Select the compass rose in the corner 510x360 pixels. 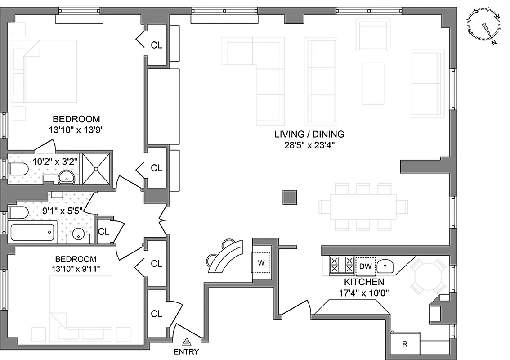pyautogui.click(x=485, y=26)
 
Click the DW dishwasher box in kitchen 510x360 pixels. pyautogui.click(x=365, y=266)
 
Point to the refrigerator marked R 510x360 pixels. pyautogui.click(x=405, y=344)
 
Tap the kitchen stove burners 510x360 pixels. pyautogui.click(x=342, y=265)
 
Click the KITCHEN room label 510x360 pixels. pyautogui.click(x=364, y=282)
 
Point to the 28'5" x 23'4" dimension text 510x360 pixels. pyautogui.click(x=309, y=145)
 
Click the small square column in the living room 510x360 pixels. pyautogui.click(x=290, y=197)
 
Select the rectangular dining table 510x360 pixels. pyautogui.click(x=363, y=207)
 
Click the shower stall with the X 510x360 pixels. pyautogui.click(x=96, y=168)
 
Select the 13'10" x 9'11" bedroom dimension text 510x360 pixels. pyautogui.click(x=75, y=269)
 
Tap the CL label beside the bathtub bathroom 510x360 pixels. pyautogui.click(x=104, y=232)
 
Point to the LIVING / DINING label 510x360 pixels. pyautogui.click(x=309, y=134)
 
